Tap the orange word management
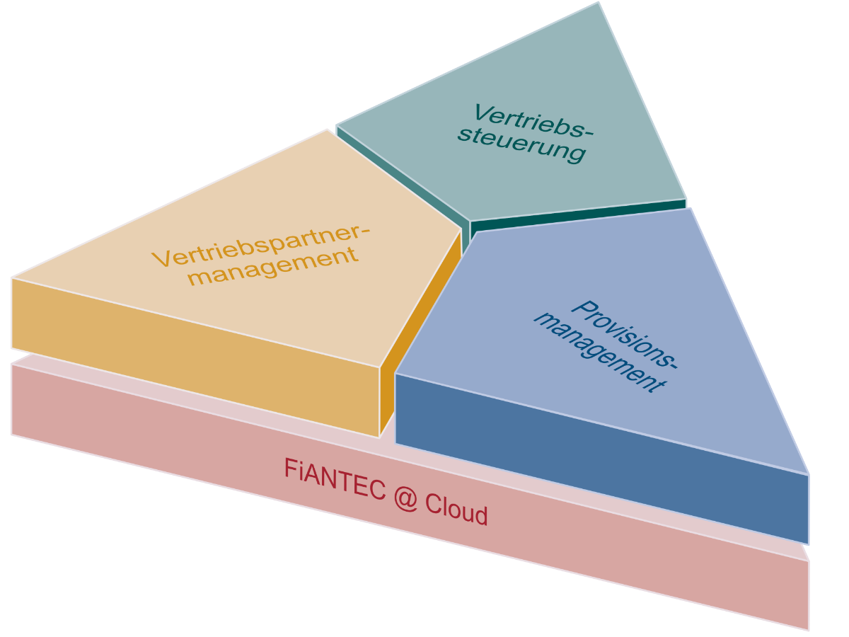click(x=274, y=266)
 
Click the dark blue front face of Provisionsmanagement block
click(x=601, y=460)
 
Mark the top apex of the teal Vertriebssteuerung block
click(x=599, y=3)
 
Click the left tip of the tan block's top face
click(x=13, y=277)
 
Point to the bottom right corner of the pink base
click(x=808, y=629)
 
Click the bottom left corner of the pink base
click(x=12, y=434)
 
